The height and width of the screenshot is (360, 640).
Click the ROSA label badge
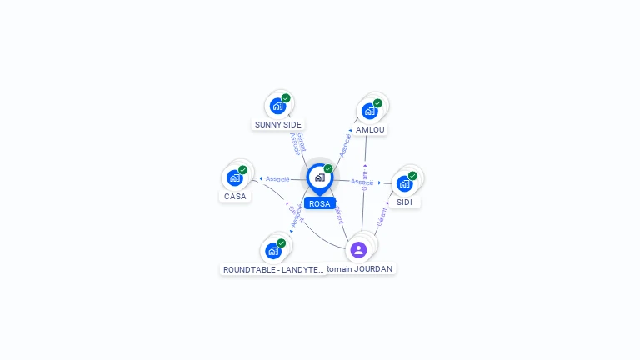pyautogui.click(x=319, y=203)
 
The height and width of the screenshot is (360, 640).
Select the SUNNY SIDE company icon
pyautogui.click(x=277, y=106)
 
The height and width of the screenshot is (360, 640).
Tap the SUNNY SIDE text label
pyautogui.click(x=278, y=124)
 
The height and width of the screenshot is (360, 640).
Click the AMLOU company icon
pyautogui.click(x=369, y=111)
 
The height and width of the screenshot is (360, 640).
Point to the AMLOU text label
pyautogui.click(x=370, y=130)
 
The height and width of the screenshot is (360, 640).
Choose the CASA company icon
pyautogui.click(x=235, y=177)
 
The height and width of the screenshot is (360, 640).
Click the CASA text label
pyautogui.click(x=235, y=197)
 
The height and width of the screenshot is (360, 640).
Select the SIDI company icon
pyautogui.click(x=404, y=183)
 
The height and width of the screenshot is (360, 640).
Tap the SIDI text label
pyautogui.click(x=405, y=202)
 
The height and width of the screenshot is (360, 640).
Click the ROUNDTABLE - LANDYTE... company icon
pyautogui.click(x=273, y=250)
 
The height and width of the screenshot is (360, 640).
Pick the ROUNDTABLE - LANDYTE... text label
pyautogui.click(x=273, y=269)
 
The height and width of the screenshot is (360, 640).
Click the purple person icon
pyautogui.click(x=358, y=249)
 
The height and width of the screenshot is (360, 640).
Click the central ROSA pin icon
pyautogui.click(x=319, y=177)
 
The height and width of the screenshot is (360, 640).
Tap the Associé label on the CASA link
pyautogui.click(x=277, y=179)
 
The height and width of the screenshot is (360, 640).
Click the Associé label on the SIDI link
pyautogui.click(x=362, y=182)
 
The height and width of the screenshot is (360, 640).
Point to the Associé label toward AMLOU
pyautogui.click(x=346, y=143)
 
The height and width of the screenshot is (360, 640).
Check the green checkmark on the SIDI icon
pyautogui.click(x=412, y=176)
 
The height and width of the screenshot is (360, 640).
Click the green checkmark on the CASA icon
pyautogui.click(x=242, y=170)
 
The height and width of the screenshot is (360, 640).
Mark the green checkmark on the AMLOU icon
pyautogui.click(x=377, y=103)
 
